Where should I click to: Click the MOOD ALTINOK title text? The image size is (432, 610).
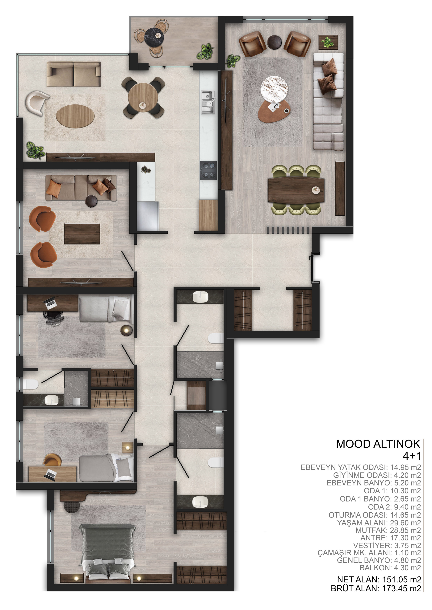pyautogui.click(x=378, y=444)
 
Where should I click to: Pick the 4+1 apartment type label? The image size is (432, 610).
pyautogui.click(x=412, y=456)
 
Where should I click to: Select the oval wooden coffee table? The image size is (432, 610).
pyautogui.click(x=75, y=116)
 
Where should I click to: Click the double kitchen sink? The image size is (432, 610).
pyautogui.click(x=208, y=102)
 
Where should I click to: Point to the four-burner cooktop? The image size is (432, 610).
pyautogui.click(x=208, y=171)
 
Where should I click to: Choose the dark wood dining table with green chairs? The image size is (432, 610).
pyautogui.click(x=296, y=190)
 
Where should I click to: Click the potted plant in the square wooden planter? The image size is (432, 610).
pyautogui.click(x=329, y=42)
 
